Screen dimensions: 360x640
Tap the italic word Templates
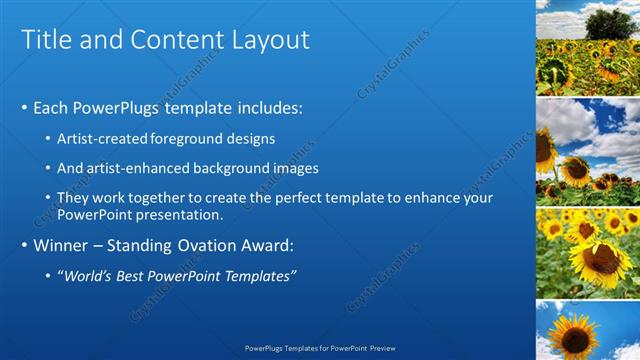pyautogui.click(x=257, y=276)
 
